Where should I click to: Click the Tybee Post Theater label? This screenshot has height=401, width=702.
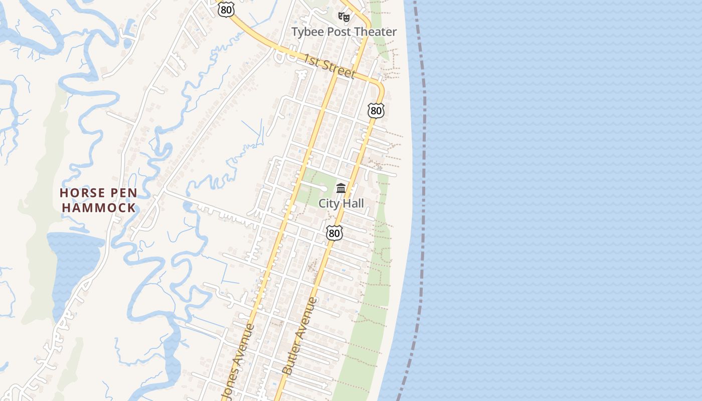344,32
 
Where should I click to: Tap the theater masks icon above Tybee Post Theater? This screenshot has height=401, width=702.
343,17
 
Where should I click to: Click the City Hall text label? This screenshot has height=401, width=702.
341,204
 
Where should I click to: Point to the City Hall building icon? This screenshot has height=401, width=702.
341,188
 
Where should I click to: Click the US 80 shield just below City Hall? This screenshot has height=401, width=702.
334,233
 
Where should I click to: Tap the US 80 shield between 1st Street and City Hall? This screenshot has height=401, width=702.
376,110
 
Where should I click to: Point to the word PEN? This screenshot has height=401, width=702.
123,193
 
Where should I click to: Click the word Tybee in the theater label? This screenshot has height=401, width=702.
307,32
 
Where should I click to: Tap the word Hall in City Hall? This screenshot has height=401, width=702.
354,204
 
